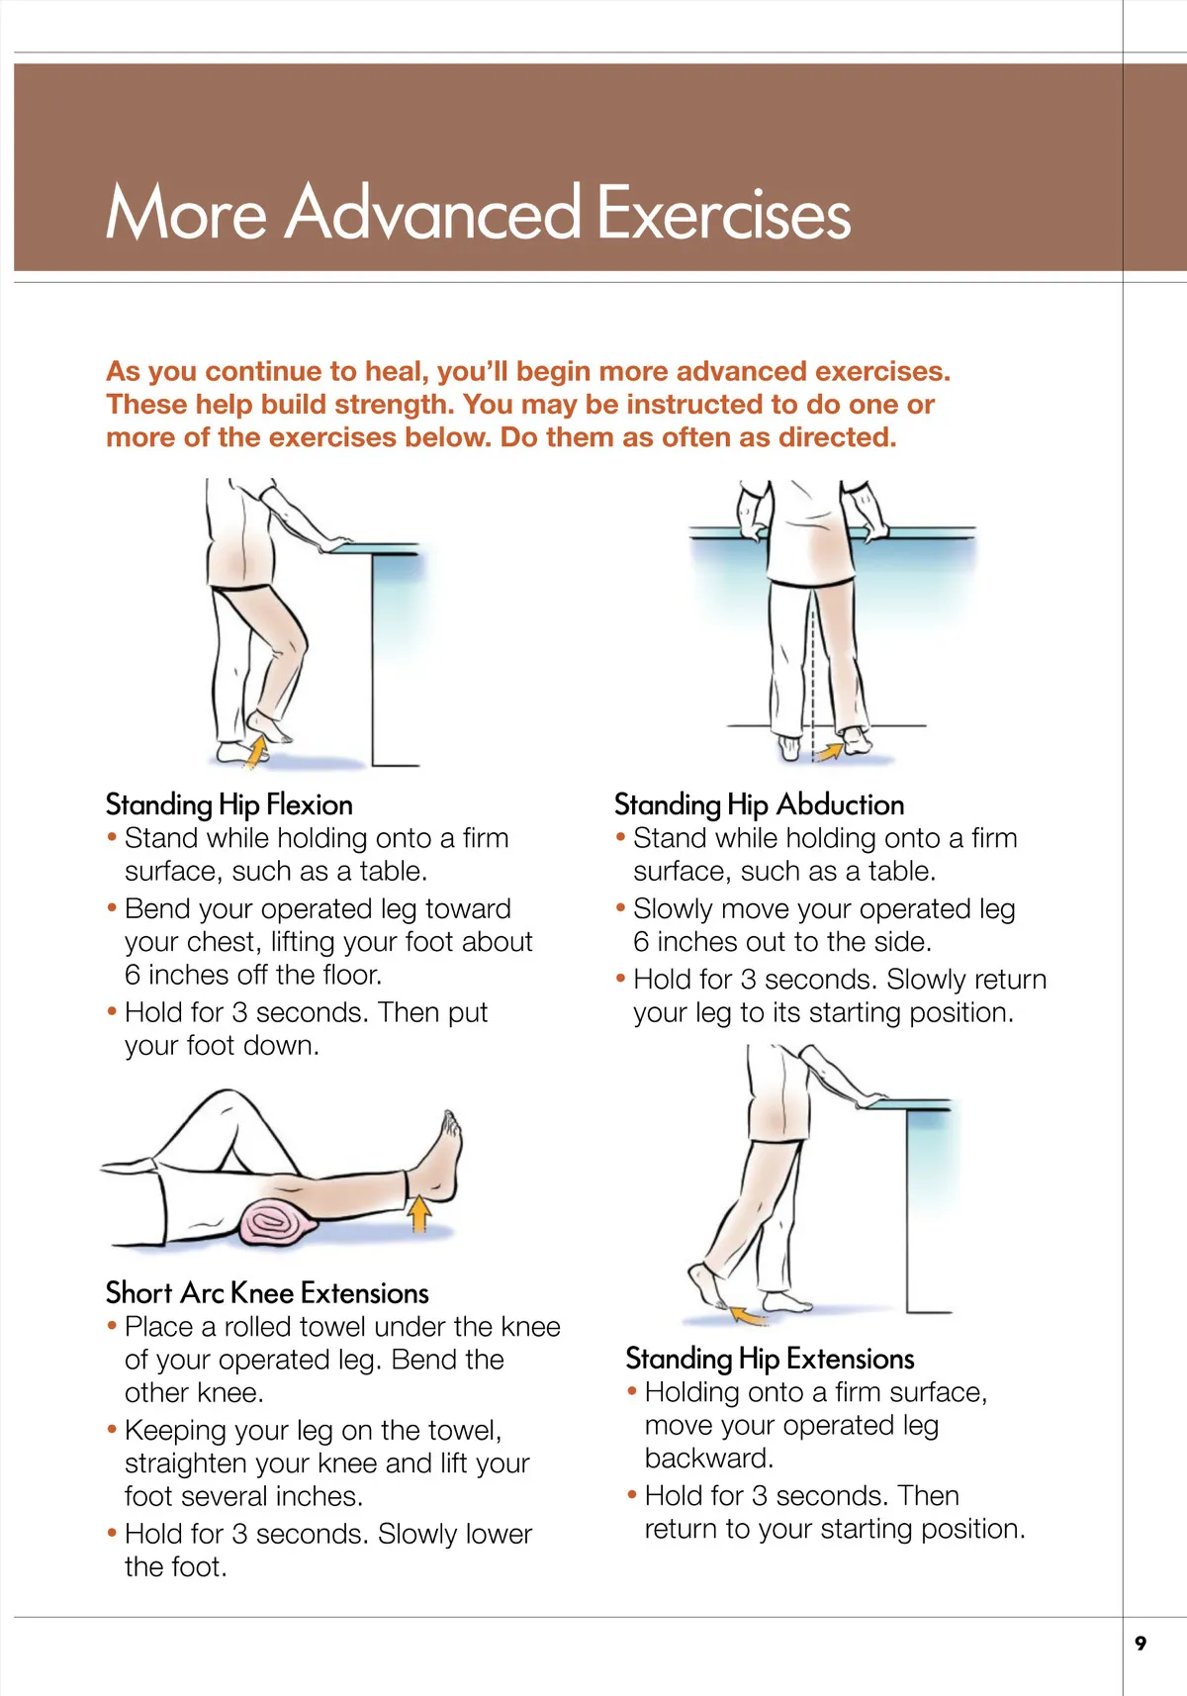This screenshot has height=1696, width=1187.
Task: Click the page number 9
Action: coord(1141,1643)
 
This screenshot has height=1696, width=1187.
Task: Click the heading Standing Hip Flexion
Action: coord(228,804)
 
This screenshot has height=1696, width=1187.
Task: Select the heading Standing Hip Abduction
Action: coord(759,804)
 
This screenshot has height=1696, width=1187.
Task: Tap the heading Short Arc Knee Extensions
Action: coord(267,1292)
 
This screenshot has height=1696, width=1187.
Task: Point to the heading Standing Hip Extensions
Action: coord(770,1359)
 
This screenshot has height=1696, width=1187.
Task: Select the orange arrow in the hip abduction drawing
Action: coord(830,750)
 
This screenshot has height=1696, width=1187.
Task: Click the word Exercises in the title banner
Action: coord(724,213)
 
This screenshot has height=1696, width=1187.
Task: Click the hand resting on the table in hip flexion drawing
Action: coord(334,543)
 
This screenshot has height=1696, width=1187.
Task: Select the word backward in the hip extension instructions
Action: coord(708,1458)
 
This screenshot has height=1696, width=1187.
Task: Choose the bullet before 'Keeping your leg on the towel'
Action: coord(112,1429)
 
